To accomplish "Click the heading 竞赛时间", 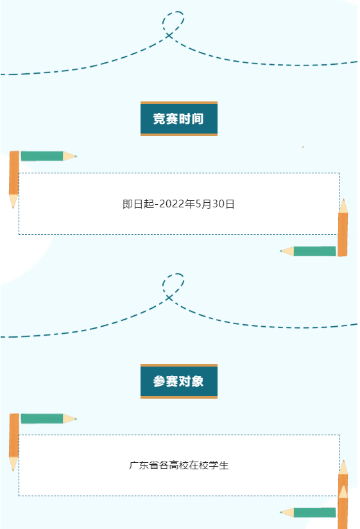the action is [x=178, y=119].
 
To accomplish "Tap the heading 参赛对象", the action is [x=178, y=381].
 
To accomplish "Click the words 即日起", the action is [x=138, y=204].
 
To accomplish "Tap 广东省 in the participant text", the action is [x=144, y=465].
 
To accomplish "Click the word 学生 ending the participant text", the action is [x=219, y=465].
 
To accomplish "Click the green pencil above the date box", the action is [x=49, y=156].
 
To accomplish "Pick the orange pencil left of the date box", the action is [x=14, y=180].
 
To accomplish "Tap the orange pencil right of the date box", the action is [x=343, y=227].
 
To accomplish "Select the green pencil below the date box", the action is [x=308, y=251].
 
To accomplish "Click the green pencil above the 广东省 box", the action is [x=49, y=419].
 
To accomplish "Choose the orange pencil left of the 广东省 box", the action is [x=14, y=442].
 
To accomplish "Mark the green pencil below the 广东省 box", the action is [x=308, y=512].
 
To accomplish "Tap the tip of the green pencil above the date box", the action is [x=76, y=156].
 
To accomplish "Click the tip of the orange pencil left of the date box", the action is [x=13, y=208].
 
